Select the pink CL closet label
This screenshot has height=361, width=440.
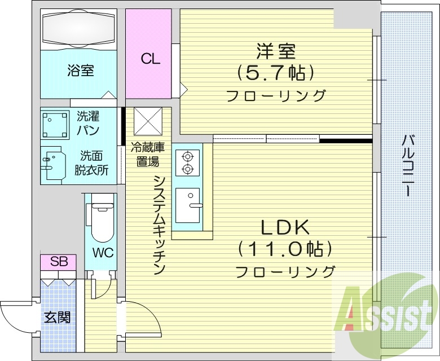click(x=150, y=58)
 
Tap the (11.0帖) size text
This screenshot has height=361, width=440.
click(x=284, y=248)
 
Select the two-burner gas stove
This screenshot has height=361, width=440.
click(x=187, y=162)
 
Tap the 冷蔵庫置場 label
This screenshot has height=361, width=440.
click(x=148, y=154)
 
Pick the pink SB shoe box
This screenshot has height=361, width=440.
click(x=59, y=262)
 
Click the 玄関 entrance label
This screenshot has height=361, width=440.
click(x=58, y=318)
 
